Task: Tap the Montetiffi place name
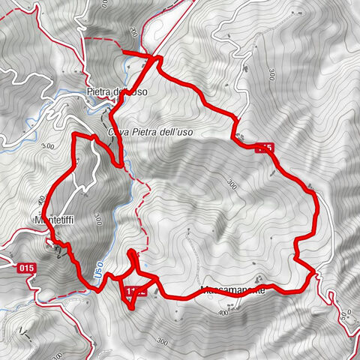pos(52,220)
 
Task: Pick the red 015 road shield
pos(27,267)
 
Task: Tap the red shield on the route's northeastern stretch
pos(263,148)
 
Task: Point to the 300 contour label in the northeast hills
pos(269,73)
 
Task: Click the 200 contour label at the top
pos(133,32)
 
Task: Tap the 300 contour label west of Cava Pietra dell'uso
pos(49,145)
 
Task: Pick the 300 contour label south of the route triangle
pos(163,341)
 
